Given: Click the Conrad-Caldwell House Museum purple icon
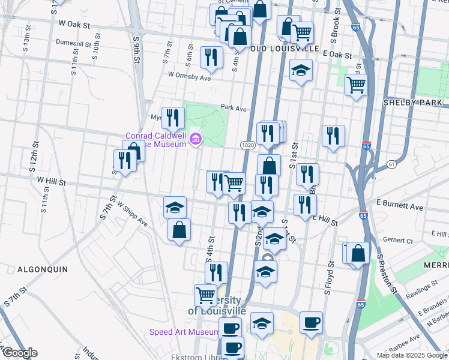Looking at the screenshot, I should (195, 140).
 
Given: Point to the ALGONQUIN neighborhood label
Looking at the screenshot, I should (42, 269).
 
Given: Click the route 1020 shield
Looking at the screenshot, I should (247, 145).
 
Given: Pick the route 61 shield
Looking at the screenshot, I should (391, 164).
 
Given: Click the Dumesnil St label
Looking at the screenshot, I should (73, 43).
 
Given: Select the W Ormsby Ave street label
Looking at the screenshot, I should (190, 76).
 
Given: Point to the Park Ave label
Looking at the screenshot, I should (234, 108).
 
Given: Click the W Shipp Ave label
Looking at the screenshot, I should (133, 214).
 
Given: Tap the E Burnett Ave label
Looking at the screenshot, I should (400, 207).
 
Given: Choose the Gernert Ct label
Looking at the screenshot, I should (400, 241).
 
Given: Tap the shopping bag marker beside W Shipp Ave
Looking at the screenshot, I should (179, 229).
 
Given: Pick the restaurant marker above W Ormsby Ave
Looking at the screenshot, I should (211, 57).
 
